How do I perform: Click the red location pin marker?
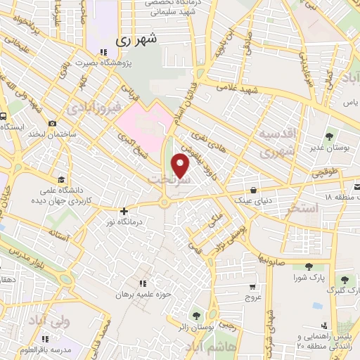181,166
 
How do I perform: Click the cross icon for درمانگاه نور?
124,211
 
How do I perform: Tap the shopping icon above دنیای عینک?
253,189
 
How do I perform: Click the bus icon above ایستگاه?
4,117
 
